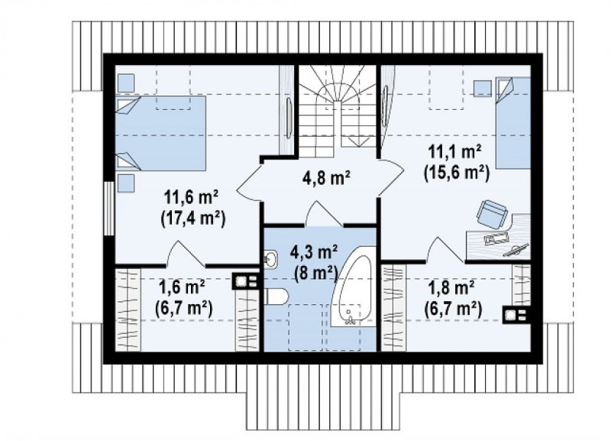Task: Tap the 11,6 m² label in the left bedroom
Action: coord(191,198)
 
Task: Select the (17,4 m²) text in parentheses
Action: coord(193,219)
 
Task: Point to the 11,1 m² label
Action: coord(454,151)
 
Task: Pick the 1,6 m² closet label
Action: coord(182,289)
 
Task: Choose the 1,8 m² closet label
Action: coord(451,289)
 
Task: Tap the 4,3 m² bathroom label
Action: coord(314,252)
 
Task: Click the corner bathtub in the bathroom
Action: coord(354,290)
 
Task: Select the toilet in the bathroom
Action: coord(276,297)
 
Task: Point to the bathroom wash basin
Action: coord(270,258)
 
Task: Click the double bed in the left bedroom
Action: coord(161,133)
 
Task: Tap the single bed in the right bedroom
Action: coord(512,123)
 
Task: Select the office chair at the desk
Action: coord(491,213)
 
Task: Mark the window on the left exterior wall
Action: coord(108,208)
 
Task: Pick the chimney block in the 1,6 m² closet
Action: coord(246,280)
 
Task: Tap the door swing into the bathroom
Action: coord(323,213)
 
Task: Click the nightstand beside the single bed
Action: coord(483,88)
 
